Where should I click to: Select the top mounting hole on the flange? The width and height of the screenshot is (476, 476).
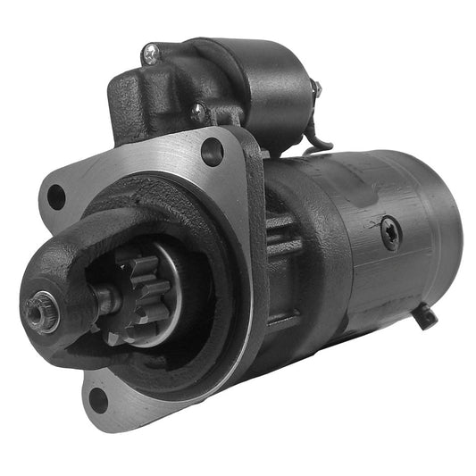(213, 151)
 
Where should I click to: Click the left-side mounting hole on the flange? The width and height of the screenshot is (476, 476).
(56, 197)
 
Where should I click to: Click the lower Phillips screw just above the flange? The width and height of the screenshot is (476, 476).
(198, 113)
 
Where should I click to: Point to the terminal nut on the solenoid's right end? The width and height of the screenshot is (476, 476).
(314, 89)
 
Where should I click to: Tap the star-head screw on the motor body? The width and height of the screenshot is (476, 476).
(390, 233)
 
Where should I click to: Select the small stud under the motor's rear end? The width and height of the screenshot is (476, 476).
(427, 314)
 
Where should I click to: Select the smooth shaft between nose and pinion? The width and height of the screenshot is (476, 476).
(103, 302)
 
